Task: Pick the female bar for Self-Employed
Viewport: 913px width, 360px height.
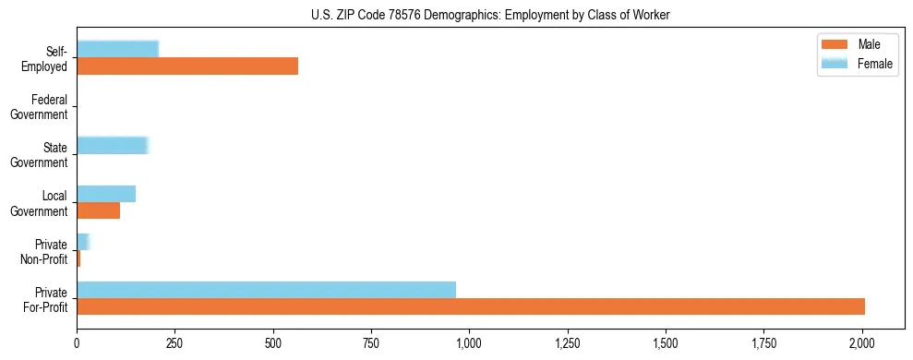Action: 117,49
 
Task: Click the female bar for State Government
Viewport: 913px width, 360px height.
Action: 112,145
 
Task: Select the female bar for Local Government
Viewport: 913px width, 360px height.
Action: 106,194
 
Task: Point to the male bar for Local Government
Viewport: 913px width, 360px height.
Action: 98,210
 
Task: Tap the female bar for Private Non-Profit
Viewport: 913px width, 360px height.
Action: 82,242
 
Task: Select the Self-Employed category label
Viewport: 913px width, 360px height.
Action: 44,59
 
